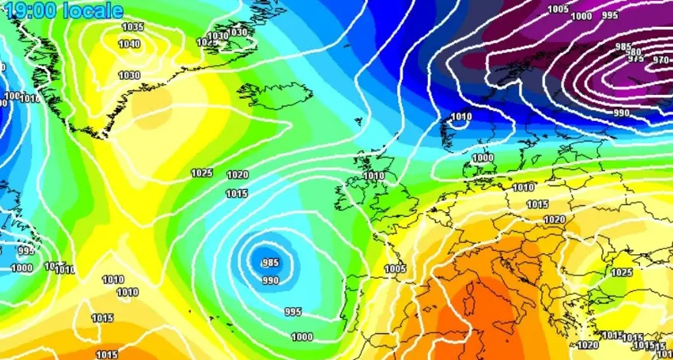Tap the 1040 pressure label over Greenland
pos(129,44)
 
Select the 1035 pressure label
pos(133,27)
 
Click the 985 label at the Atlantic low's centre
pos(270,263)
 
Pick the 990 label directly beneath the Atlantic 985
pos(270,280)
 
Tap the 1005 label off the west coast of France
pos(395,269)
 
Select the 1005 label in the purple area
pos(559,9)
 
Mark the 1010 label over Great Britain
pos(374,175)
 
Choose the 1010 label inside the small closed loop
pos(461,117)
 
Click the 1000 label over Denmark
pos(482,158)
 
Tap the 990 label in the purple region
pos(621,113)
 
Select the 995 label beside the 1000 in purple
pos(610,15)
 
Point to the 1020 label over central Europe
pos(554,220)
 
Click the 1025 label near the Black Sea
pos(622,273)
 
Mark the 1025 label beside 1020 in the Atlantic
pos(202,173)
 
